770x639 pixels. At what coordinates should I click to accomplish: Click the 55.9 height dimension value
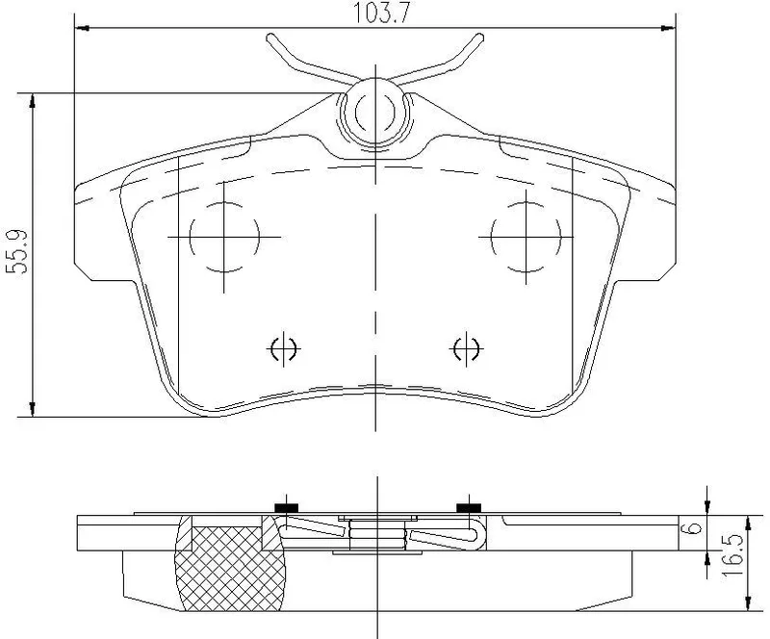pyautogui.click(x=18, y=251)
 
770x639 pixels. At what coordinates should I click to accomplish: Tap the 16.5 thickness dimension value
pyautogui.click(x=732, y=555)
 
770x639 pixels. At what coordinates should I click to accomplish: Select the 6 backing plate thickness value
pyautogui.click(x=693, y=528)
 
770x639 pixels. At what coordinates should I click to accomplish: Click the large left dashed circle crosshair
pyautogui.click(x=224, y=238)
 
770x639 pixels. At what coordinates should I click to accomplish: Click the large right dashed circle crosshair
pyautogui.click(x=526, y=238)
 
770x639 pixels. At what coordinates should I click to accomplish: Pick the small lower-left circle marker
pyautogui.click(x=283, y=348)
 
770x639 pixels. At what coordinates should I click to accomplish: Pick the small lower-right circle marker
pyautogui.click(x=466, y=348)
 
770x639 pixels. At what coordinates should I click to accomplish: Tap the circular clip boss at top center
pyautogui.click(x=375, y=112)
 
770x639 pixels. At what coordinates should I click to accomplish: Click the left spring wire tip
pyautogui.click(x=270, y=38)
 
